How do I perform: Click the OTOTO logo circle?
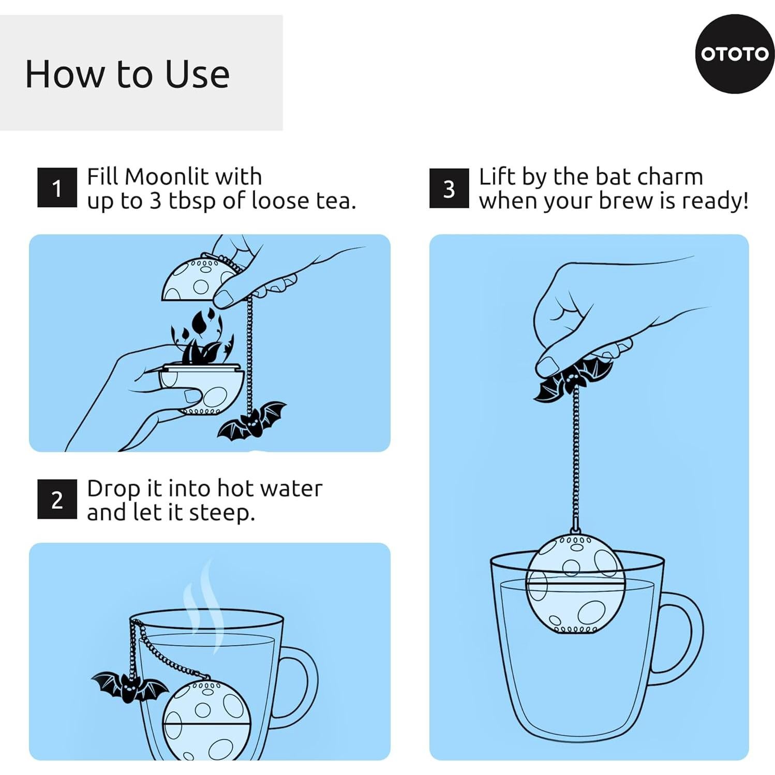coord(735,54)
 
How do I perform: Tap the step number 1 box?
coord(57,188)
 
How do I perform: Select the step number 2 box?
coord(57,499)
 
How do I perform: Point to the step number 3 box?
coord(449,188)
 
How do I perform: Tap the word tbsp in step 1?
coord(191,201)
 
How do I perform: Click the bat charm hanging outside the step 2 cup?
coord(130,687)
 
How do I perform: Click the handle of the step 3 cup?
coord(679,638)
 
